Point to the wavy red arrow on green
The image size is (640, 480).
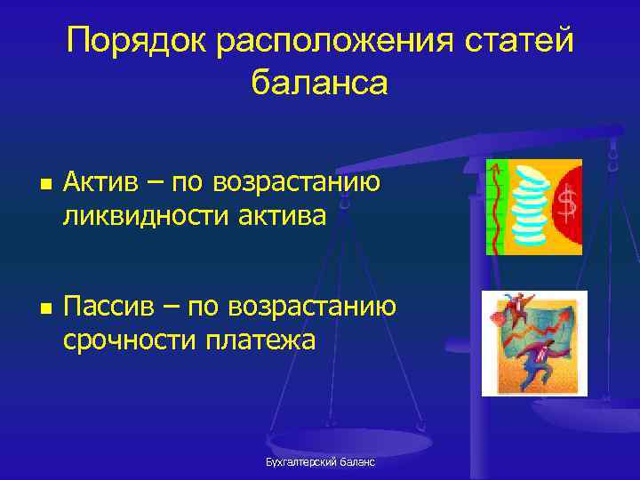(496, 205)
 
